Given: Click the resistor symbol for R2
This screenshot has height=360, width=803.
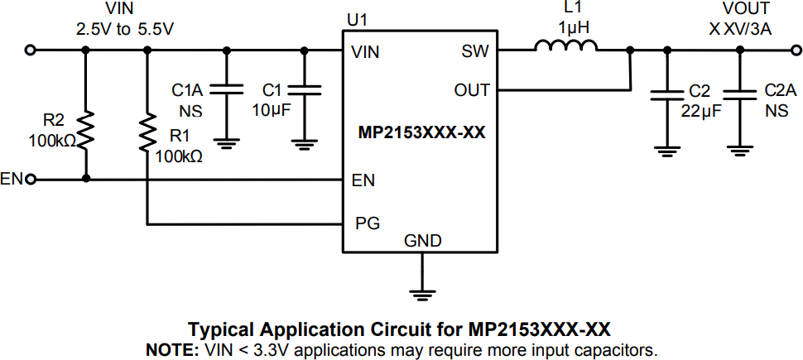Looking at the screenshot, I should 85,130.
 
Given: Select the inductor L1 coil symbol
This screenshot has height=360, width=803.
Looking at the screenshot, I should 566,49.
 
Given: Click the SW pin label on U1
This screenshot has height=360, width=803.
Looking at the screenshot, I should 474,51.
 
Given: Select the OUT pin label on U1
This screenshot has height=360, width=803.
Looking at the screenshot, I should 472,89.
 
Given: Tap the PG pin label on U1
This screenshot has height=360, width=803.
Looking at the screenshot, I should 364,223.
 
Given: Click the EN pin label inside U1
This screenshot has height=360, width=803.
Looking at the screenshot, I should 362,179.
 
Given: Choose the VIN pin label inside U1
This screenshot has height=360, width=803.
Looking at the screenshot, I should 365,51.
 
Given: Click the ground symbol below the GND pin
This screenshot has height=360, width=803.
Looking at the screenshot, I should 423,290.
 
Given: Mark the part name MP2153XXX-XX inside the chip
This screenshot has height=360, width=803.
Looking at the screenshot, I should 421,132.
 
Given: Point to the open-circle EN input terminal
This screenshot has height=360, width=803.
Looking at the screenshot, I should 31,179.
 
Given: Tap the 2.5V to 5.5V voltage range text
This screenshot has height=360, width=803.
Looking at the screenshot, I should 125,27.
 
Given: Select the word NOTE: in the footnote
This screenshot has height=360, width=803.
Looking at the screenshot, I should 171,349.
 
